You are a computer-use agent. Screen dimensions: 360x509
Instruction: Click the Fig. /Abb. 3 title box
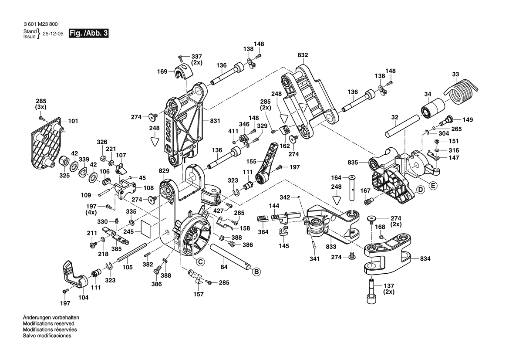coord(88,34)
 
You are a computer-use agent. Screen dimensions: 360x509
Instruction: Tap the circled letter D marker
coord(420,190)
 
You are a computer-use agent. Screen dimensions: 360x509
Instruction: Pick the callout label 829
coord(164,170)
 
